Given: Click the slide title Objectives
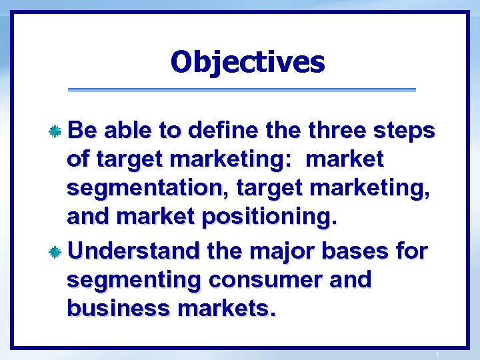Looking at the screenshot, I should tap(247, 62).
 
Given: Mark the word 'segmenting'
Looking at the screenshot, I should tap(133, 281).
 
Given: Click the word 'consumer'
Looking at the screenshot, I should tap(264, 280).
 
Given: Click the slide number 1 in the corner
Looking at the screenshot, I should tap(437, 353).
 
